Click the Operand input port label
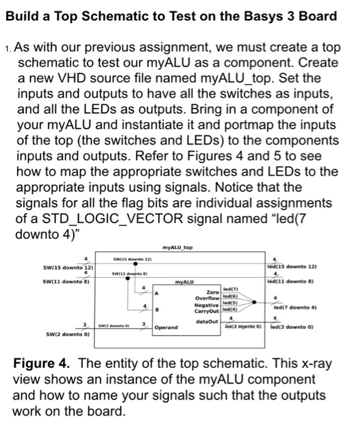coord(166,328)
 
